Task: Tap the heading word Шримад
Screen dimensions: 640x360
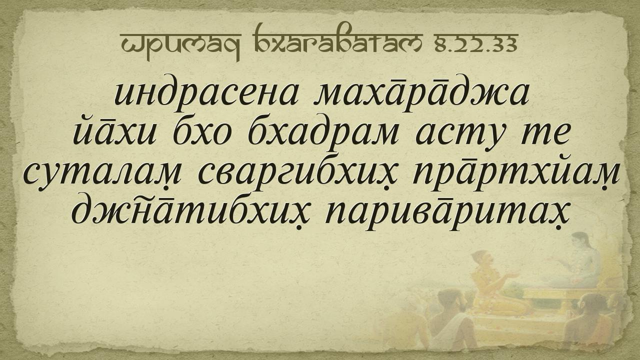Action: click(180, 46)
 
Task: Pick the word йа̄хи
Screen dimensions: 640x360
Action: click(115, 131)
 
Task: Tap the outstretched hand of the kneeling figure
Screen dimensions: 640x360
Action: click(512, 275)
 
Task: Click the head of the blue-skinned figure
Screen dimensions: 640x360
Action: click(580, 240)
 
